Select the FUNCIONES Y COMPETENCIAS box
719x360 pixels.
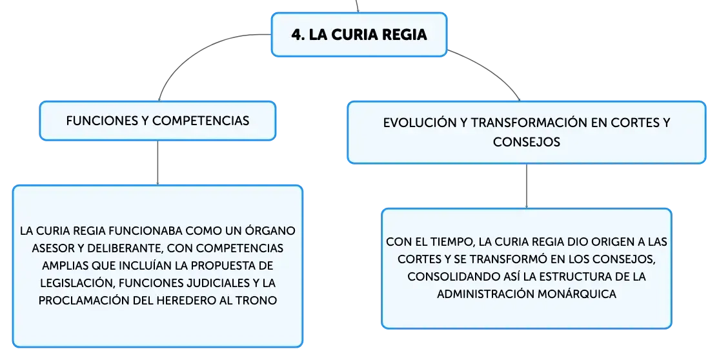(x=157, y=121)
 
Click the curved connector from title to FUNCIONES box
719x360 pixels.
(x=192, y=50)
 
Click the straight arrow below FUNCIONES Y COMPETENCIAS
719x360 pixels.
(x=157, y=163)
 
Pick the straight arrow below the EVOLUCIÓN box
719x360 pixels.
(x=527, y=186)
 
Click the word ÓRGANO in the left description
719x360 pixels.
(x=270, y=230)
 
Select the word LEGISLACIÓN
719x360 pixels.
(x=77, y=283)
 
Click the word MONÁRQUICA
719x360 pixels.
(x=576, y=294)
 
